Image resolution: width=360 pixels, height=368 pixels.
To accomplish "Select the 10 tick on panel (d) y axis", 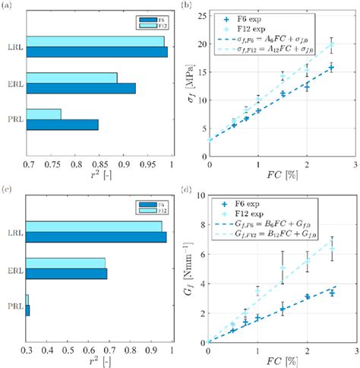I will coord(200,195).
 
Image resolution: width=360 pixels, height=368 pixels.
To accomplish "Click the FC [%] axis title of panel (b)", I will coord(283,176).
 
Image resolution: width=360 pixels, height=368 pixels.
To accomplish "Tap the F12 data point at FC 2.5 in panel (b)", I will coord(331,45).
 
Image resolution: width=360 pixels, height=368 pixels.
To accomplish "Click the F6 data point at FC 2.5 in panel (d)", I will coord(331,292).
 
